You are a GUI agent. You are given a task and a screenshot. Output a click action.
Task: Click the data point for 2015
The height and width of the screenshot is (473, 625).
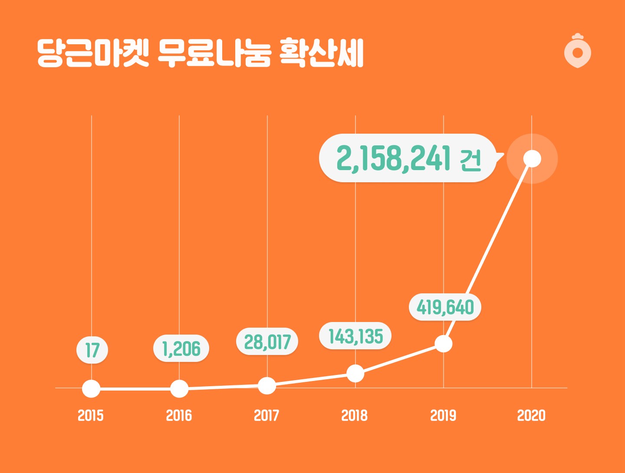point(91,388)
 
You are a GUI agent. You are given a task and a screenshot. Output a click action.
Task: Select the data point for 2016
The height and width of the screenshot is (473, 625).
point(179,388)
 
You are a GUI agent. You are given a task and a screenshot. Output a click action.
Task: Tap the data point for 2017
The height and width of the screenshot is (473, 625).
point(267,385)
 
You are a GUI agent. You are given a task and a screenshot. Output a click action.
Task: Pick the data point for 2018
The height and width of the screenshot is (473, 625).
point(355,373)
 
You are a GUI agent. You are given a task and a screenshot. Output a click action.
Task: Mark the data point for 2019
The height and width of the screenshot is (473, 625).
point(444,344)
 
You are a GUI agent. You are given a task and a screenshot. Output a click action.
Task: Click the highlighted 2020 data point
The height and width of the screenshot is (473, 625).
point(532,158)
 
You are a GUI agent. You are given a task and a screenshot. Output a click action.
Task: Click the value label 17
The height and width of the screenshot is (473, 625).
point(92,350)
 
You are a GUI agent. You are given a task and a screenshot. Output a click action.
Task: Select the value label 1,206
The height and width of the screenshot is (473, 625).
point(181,348)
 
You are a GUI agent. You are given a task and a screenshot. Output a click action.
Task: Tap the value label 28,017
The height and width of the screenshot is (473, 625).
point(267,342)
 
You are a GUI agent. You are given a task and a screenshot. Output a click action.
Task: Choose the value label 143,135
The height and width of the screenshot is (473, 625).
point(355,336)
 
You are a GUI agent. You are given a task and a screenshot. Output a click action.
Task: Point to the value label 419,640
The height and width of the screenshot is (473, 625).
point(445,307)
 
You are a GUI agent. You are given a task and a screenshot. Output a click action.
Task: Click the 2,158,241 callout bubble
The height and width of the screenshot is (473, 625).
point(408,158)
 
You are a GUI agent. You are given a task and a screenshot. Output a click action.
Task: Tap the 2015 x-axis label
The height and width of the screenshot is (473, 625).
point(91,416)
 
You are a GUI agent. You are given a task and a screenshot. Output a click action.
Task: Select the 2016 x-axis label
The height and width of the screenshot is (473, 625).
point(179,416)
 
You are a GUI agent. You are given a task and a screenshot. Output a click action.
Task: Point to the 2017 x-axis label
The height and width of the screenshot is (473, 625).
point(266,416)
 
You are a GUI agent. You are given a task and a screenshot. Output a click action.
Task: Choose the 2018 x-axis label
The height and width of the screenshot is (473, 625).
point(355,416)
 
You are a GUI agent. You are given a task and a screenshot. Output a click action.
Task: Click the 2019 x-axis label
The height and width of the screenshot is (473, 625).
point(443,416)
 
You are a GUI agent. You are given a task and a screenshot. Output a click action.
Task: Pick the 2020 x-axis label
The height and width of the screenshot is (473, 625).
point(531,416)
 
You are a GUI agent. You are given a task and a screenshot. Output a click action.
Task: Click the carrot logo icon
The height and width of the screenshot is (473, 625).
point(578,51)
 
